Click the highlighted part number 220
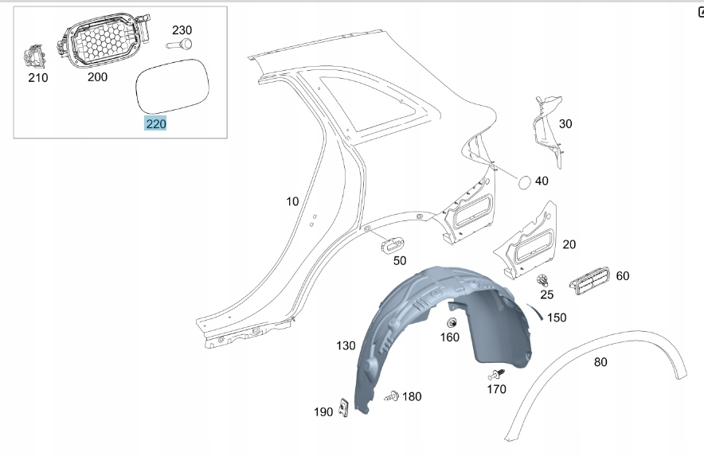coord(156,123)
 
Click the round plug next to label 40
coord(523,181)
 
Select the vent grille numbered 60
coord(589,279)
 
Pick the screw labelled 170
coord(496,374)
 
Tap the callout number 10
coord(293,201)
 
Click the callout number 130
coord(346,345)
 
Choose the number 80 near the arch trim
coord(600,362)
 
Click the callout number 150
coord(557,318)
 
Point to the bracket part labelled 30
coord(549,127)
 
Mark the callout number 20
coord(569,244)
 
